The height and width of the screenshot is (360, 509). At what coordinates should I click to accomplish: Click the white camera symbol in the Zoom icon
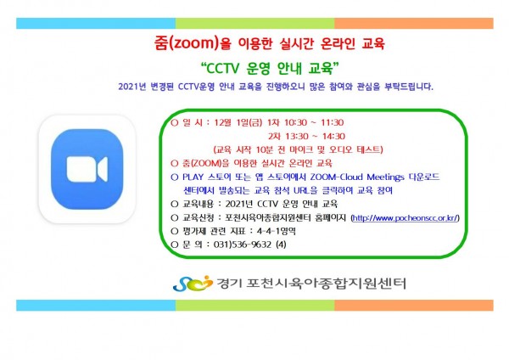pyautogui.click(x=87, y=169)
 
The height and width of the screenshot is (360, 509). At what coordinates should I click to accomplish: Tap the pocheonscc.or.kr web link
pyautogui.click(x=406, y=217)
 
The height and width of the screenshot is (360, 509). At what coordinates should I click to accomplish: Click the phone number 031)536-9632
pyautogui.click(x=242, y=245)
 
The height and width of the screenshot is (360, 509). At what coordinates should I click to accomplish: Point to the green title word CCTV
pyautogui.click(x=222, y=69)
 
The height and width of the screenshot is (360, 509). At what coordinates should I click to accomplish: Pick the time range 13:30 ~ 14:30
pyautogui.click(x=316, y=136)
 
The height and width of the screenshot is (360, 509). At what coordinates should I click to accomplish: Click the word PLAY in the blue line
pyautogui.click(x=193, y=177)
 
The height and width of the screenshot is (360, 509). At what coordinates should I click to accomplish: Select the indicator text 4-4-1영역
pyautogui.click(x=276, y=231)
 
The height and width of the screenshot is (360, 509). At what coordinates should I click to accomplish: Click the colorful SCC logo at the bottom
pyautogui.click(x=193, y=284)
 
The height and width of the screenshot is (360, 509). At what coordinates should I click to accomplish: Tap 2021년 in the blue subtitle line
pyautogui.click(x=132, y=87)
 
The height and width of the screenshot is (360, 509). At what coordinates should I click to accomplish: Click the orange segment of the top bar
pyautogui.click(x=414, y=24)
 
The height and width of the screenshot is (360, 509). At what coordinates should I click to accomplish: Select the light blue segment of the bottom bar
pyautogui.click(x=96, y=306)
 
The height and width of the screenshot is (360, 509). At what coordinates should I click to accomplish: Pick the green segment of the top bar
pyautogui.click(x=255, y=24)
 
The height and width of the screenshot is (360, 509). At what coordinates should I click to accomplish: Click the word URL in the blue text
pyautogui.click(x=305, y=190)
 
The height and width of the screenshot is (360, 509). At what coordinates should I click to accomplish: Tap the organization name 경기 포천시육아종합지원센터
pyautogui.click(x=311, y=284)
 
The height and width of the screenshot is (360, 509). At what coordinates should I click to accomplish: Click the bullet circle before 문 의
pyautogui.click(x=175, y=245)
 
